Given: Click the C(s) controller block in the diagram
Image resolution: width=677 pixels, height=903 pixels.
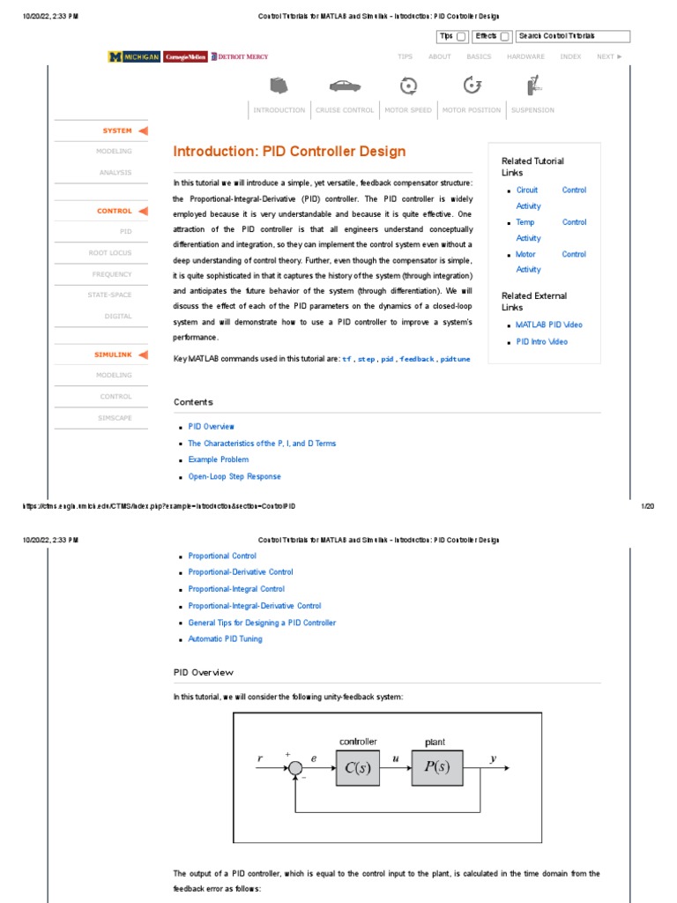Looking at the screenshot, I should pyautogui.click(x=357, y=767).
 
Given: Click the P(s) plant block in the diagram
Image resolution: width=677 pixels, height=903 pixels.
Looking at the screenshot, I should pyautogui.click(x=436, y=767).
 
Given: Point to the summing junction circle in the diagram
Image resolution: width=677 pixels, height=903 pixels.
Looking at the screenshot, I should pyautogui.click(x=294, y=768).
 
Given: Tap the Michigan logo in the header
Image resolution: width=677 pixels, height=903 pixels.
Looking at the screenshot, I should pyautogui.click(x=134, y=56).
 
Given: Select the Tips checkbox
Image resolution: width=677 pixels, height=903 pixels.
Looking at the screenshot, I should pyautogui.click(x=461, y=37).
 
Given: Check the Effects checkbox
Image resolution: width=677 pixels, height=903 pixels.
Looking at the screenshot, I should pyautogui.click(x=504, y=37).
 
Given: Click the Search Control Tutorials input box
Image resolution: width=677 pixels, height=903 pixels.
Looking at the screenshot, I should pyautogui.click(x=573, y=36).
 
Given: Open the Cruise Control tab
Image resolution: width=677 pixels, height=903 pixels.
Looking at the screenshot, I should pyautogui.click(x=345, y=110).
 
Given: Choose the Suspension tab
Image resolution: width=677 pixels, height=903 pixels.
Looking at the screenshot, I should pyautogui.click(x=532, y=110).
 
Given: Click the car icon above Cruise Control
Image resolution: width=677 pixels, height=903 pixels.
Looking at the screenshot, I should pyautogui.click(x=345, y=86).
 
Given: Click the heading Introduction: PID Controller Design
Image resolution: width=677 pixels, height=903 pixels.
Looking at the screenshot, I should pyautogui.click(x=289, y=151).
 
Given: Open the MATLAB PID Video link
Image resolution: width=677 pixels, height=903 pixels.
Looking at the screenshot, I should pyautogui.click(x=548, y=325).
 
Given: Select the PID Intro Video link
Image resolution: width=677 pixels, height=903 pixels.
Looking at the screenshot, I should pyautogui.click(x=541, y=341).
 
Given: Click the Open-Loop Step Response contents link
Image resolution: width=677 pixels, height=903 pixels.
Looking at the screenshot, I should pyautogui.click(x=234, y=476).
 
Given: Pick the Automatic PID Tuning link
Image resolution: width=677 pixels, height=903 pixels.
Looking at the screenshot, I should pyautogui.click(x=225, y=638).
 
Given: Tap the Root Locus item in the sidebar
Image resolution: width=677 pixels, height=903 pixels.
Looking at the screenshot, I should pyautogui.click(x=110, y=252).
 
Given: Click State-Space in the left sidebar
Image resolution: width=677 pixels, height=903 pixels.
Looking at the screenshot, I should pyautogui.click(x=109, y=295).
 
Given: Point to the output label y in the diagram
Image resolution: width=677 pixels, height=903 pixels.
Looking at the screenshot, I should pyautogui.click(x=494, y=757).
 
